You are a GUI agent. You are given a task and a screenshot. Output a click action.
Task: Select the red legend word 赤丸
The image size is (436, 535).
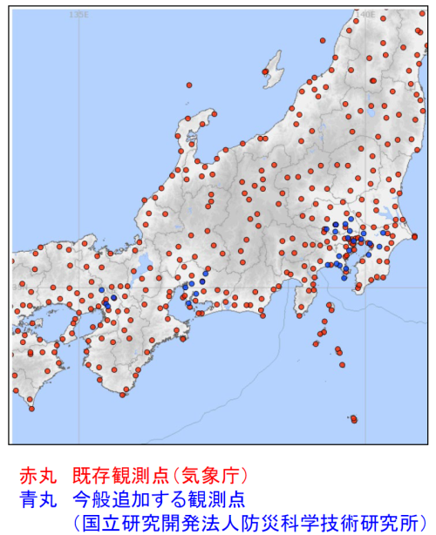pos(37,476)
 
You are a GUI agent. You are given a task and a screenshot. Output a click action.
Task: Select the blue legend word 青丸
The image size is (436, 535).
pos(37,498)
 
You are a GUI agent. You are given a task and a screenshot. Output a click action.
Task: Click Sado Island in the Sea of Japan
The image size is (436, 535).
pos(273,65)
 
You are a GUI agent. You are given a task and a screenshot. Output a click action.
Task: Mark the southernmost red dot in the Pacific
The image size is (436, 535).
pos(354,421)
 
